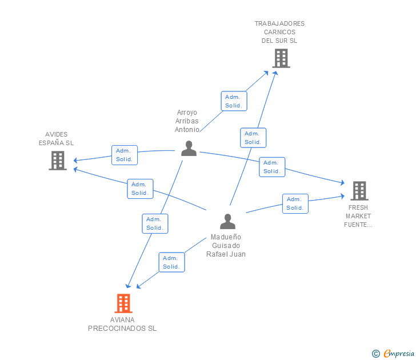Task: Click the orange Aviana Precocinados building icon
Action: coord(123,303)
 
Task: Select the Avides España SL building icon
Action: coord(58,161)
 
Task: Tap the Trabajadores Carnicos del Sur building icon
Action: coord(281,58)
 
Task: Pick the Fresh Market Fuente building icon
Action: coord(359,191)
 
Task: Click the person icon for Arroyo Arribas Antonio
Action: coord(189,148)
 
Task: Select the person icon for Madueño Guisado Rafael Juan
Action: coord(227,221)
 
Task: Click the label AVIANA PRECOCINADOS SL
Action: coord(122,324)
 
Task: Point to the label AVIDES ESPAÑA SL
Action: coord(56,139)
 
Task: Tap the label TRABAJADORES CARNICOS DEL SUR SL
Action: coord(279,32)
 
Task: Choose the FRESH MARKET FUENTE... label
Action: coord(358,216)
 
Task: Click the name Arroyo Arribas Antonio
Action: coord(187,121)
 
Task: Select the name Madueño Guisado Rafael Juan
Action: coord(226,246)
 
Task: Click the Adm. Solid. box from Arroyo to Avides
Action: coord(124,155)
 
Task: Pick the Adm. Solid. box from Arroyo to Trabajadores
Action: coord(234,101)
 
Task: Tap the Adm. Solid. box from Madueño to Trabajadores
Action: coord(253,138)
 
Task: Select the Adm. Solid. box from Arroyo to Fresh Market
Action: coord(272,167)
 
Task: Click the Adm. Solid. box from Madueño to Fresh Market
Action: coord(295,203)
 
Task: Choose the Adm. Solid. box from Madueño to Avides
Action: coord(140,189)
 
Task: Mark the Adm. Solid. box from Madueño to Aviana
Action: coord(171,262)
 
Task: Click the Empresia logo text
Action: coord(399,354)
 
